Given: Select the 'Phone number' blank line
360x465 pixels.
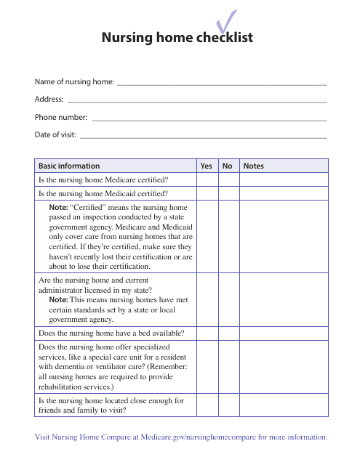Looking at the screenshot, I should tap(209, 117).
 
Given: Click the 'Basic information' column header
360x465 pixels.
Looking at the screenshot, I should tap(69, 166).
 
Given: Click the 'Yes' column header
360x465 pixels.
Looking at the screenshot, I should tap(206, 166).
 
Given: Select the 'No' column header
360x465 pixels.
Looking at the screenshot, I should tap(228, 166).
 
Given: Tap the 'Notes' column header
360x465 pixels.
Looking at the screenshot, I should tap(254, 166).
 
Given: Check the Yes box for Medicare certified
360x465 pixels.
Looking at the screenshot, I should tap(206, 179).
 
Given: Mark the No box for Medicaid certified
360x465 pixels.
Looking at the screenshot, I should tap(228, 193).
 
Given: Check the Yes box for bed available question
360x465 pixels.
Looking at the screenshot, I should tap(206, 333).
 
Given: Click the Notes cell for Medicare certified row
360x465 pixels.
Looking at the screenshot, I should tap(284, 179).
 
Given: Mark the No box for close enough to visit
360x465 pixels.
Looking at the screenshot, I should tap(228, 405).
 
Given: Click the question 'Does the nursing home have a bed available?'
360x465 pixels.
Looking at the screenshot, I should tap(111, 333).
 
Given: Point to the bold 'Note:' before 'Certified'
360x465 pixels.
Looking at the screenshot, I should tap(58, 208).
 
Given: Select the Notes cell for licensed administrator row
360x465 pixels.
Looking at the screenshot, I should tap(284, 299).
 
